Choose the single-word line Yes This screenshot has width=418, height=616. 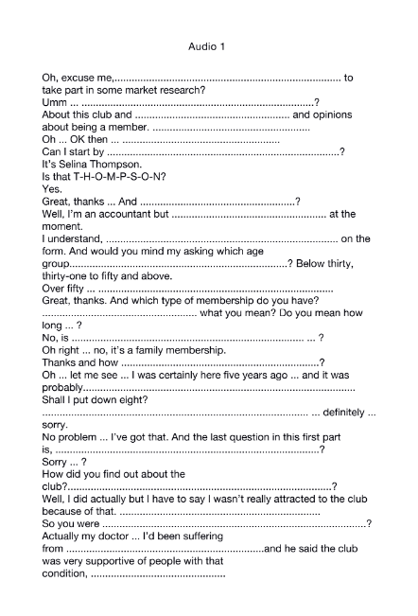[52, 188]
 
